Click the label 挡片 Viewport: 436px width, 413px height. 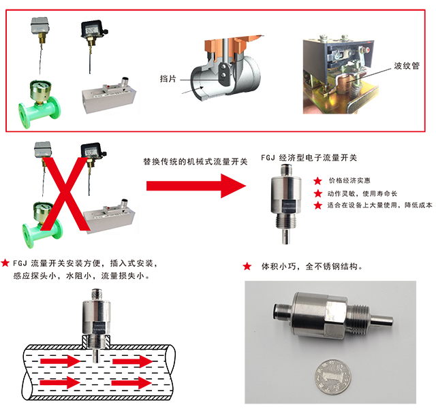click(168, 79)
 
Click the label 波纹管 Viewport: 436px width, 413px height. click(407, 66)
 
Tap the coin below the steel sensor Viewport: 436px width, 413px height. click(333, 377)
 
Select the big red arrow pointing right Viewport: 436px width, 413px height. click(196, 186)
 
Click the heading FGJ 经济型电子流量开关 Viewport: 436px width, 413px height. click(309, 158)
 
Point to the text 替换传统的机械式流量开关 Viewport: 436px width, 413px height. click(196, 161)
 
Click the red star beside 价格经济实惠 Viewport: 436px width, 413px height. click(317, 181)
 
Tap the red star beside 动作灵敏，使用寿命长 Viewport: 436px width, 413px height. click(317, 193)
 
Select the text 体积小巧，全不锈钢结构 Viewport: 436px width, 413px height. click(312, 267)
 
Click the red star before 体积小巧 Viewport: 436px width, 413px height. click(247, 266)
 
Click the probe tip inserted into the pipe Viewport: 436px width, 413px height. click(95, 357)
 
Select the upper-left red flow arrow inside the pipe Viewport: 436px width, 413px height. click(61, 361)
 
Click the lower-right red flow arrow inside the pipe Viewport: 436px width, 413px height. click(131, 384)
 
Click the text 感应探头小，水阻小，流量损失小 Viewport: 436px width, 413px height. click(81, 276)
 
